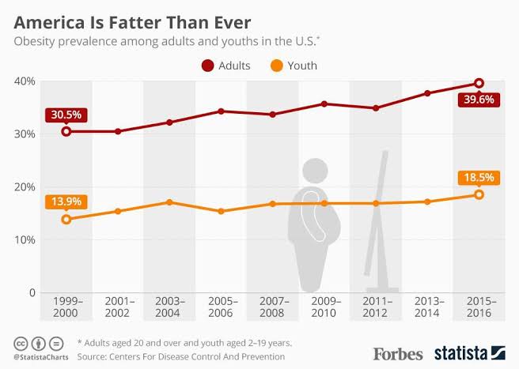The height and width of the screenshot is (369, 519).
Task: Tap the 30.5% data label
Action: (66, 114)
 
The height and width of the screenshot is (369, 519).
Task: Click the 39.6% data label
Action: (478, 100)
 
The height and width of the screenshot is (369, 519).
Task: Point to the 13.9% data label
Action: (66, 201)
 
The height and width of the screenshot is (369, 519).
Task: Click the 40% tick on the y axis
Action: (23, 81)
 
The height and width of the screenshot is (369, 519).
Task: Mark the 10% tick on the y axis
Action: (23, 239)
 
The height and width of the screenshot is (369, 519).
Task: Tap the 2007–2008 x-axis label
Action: (272, 307)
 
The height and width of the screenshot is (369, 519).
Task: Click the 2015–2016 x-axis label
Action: (478, 307)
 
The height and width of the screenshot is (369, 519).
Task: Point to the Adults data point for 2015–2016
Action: (478, 83)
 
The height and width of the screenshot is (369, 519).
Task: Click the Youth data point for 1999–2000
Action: (66, 219)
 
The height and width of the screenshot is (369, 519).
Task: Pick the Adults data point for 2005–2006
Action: (221, 111)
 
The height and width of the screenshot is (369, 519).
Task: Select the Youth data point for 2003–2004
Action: (169, 202)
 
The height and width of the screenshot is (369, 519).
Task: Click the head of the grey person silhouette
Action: (315, 170)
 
